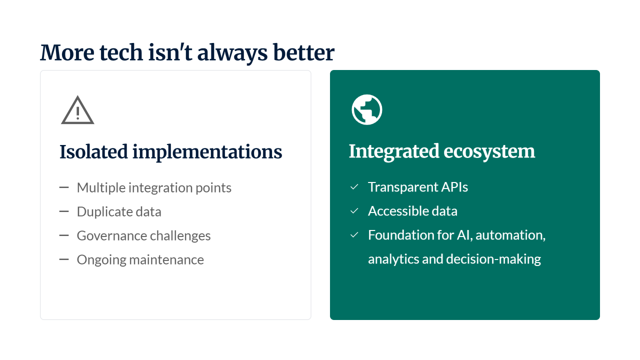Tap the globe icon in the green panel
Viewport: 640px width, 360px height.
coord(367,109)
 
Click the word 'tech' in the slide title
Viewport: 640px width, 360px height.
coord(121,52)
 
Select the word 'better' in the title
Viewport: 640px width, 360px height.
coord(303,52)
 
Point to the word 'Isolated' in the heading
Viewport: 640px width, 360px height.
coord(93,151)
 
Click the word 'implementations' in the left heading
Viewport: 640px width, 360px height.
coord(207,152)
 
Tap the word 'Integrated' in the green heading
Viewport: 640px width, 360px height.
coord(393,151)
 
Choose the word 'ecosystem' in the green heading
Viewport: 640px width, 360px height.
coord(489,151)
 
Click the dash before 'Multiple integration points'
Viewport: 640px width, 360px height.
coord(64,187)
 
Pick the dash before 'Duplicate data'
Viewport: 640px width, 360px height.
coord(64,211)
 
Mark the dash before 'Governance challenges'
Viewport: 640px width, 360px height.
coord(64,235)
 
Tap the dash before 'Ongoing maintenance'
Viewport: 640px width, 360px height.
coord(64,259)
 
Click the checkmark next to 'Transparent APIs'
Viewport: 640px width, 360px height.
coord(354,187)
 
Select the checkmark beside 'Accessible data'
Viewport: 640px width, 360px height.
coord(354,211)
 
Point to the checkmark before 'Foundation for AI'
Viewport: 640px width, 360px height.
coord(354,235)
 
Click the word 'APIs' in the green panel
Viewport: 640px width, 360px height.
coord(454,187)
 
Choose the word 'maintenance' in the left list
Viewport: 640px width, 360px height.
coord(166,260)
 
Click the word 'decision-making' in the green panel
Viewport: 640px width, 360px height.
coord(493,259)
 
